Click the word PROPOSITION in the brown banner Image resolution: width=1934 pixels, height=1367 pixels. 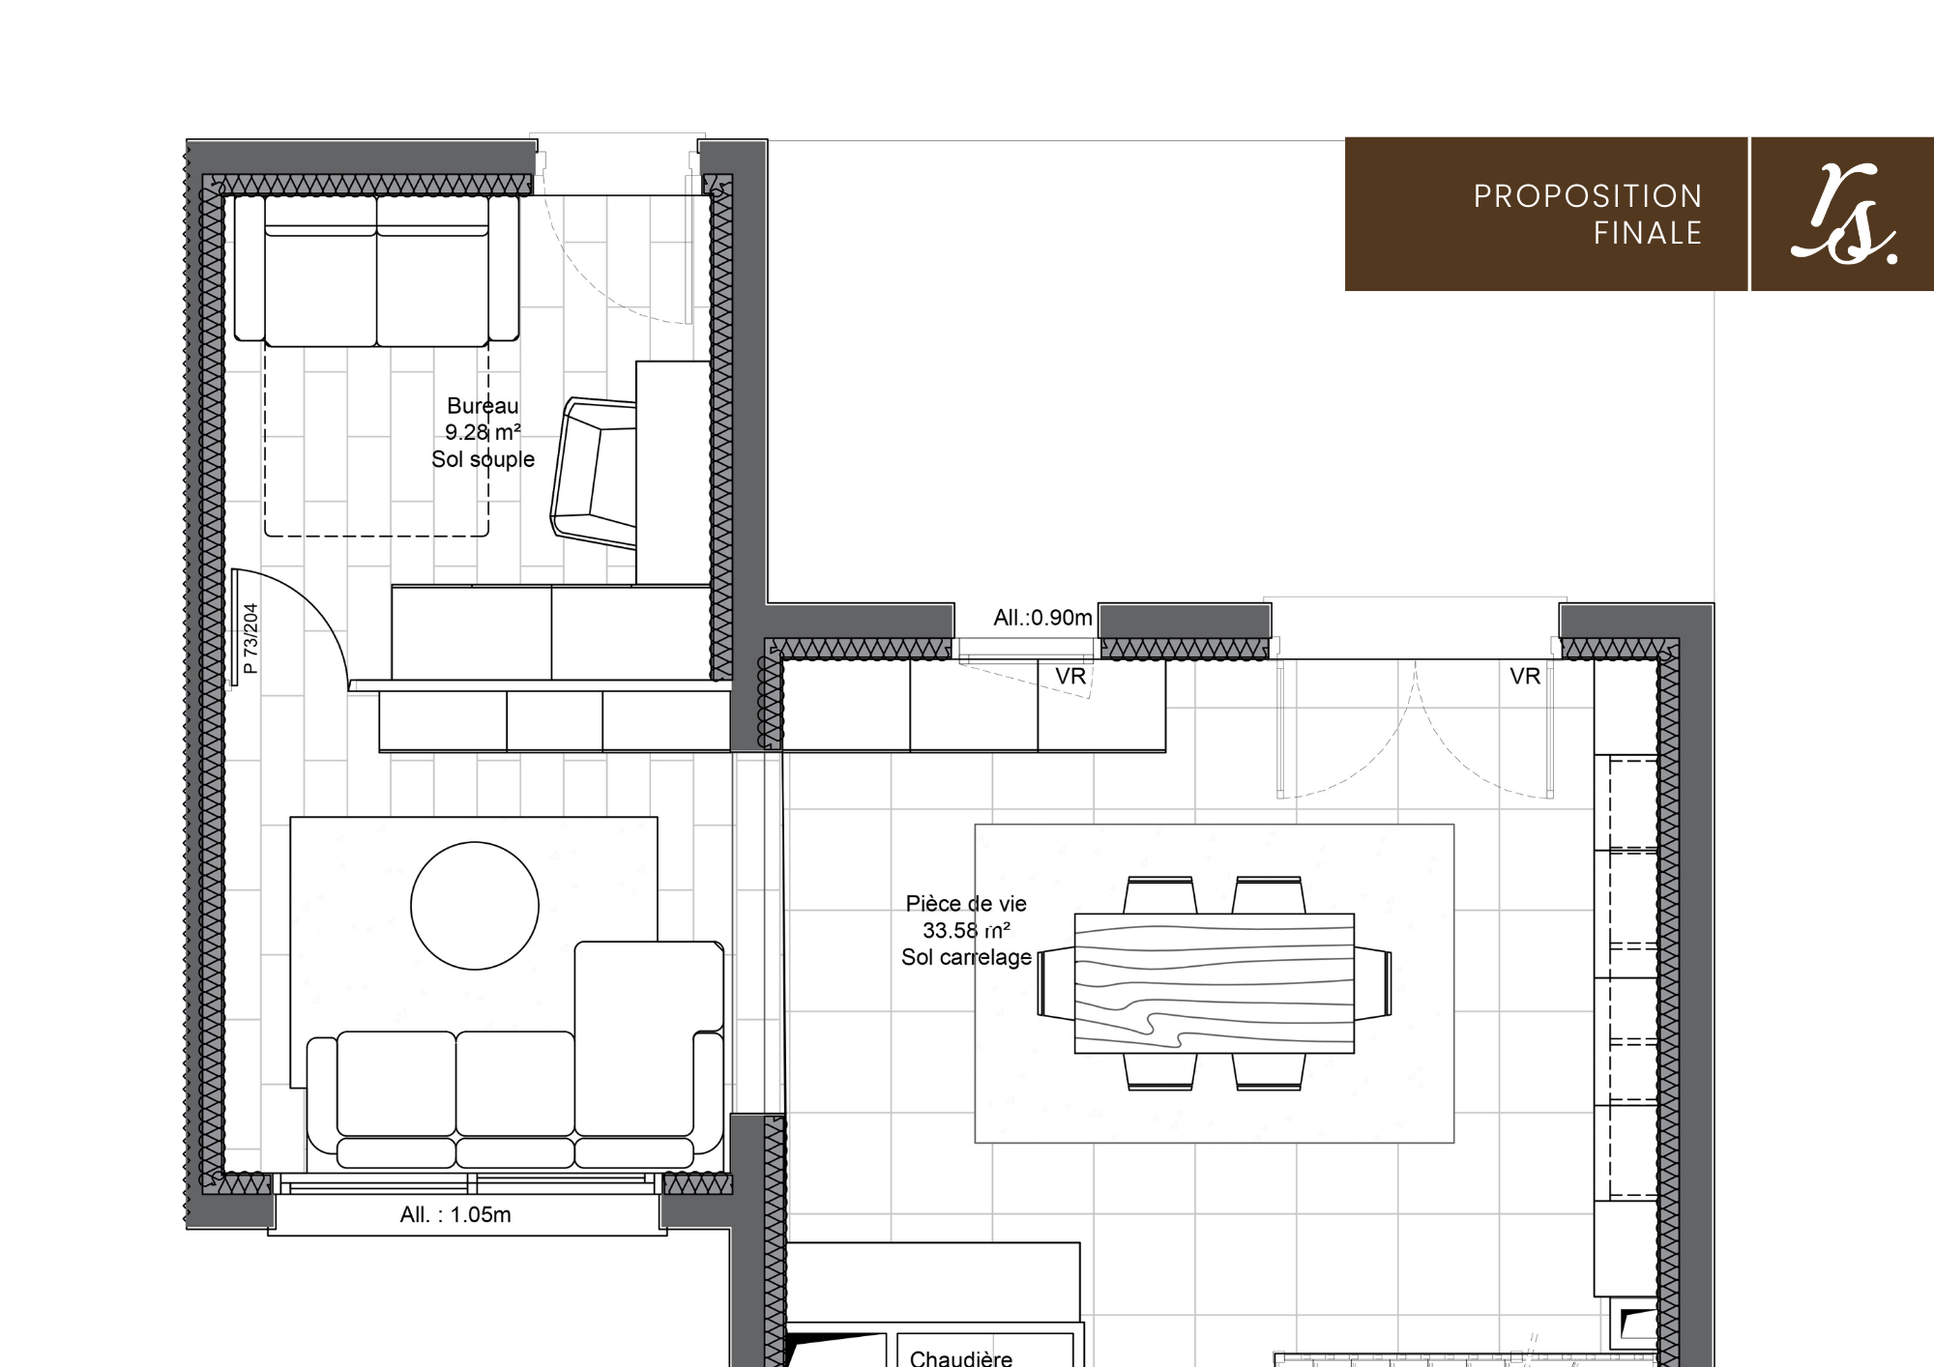1587,196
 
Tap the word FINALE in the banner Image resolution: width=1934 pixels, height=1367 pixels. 1648,233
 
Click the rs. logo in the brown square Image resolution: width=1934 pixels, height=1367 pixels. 1843,215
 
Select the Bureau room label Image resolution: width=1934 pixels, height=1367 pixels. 483,406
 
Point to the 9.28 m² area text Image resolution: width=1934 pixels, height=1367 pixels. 483,432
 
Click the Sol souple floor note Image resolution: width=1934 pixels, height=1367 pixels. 483,459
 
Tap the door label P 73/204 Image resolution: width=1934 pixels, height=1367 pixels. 250,639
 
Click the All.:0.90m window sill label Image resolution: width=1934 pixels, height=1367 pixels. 1042,618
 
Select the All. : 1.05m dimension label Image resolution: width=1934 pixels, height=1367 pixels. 455,1215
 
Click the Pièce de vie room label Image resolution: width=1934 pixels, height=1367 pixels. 966,904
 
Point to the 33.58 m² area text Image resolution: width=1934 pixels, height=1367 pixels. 966,930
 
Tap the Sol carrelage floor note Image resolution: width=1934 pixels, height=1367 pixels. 966,957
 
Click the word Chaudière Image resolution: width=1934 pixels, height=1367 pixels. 961,1357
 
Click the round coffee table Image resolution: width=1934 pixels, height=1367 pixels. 475,906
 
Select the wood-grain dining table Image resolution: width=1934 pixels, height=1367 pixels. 1215,983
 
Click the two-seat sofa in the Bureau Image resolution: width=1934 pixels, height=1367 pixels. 377,270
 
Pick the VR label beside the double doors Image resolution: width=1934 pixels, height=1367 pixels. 1525,677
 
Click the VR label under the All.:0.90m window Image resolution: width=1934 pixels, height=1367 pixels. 1070,677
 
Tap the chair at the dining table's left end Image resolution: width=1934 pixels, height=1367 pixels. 1056,983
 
